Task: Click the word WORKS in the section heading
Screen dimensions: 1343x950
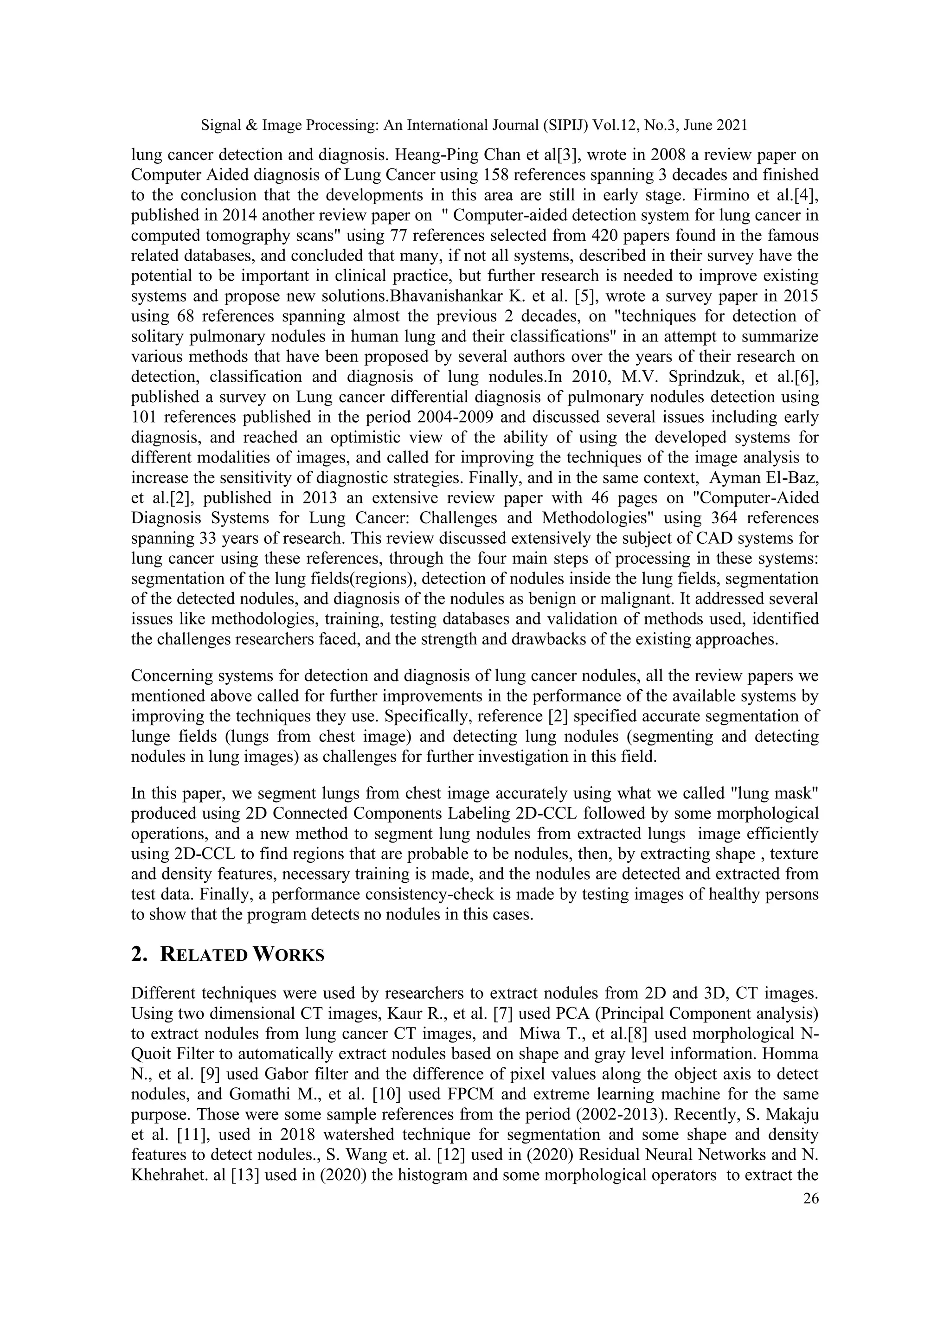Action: [x=289, y=955]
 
